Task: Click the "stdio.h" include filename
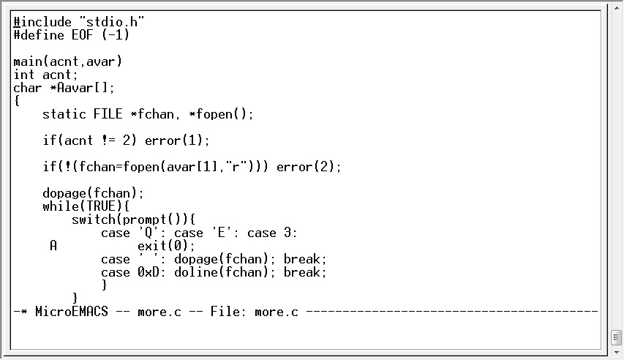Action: coord(111,22)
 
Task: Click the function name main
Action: coord(28,61)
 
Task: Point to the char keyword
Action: coord(28,88)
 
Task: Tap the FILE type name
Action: coord(108,114)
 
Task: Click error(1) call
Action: coord(177,140)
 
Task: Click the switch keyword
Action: coord(94,220)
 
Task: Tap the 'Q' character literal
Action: coord(144,233)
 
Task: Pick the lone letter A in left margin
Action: coord(53,246)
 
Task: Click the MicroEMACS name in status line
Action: coord(71,312)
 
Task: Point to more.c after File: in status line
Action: coord(277,312)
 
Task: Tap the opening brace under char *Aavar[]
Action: coord(17,101)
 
